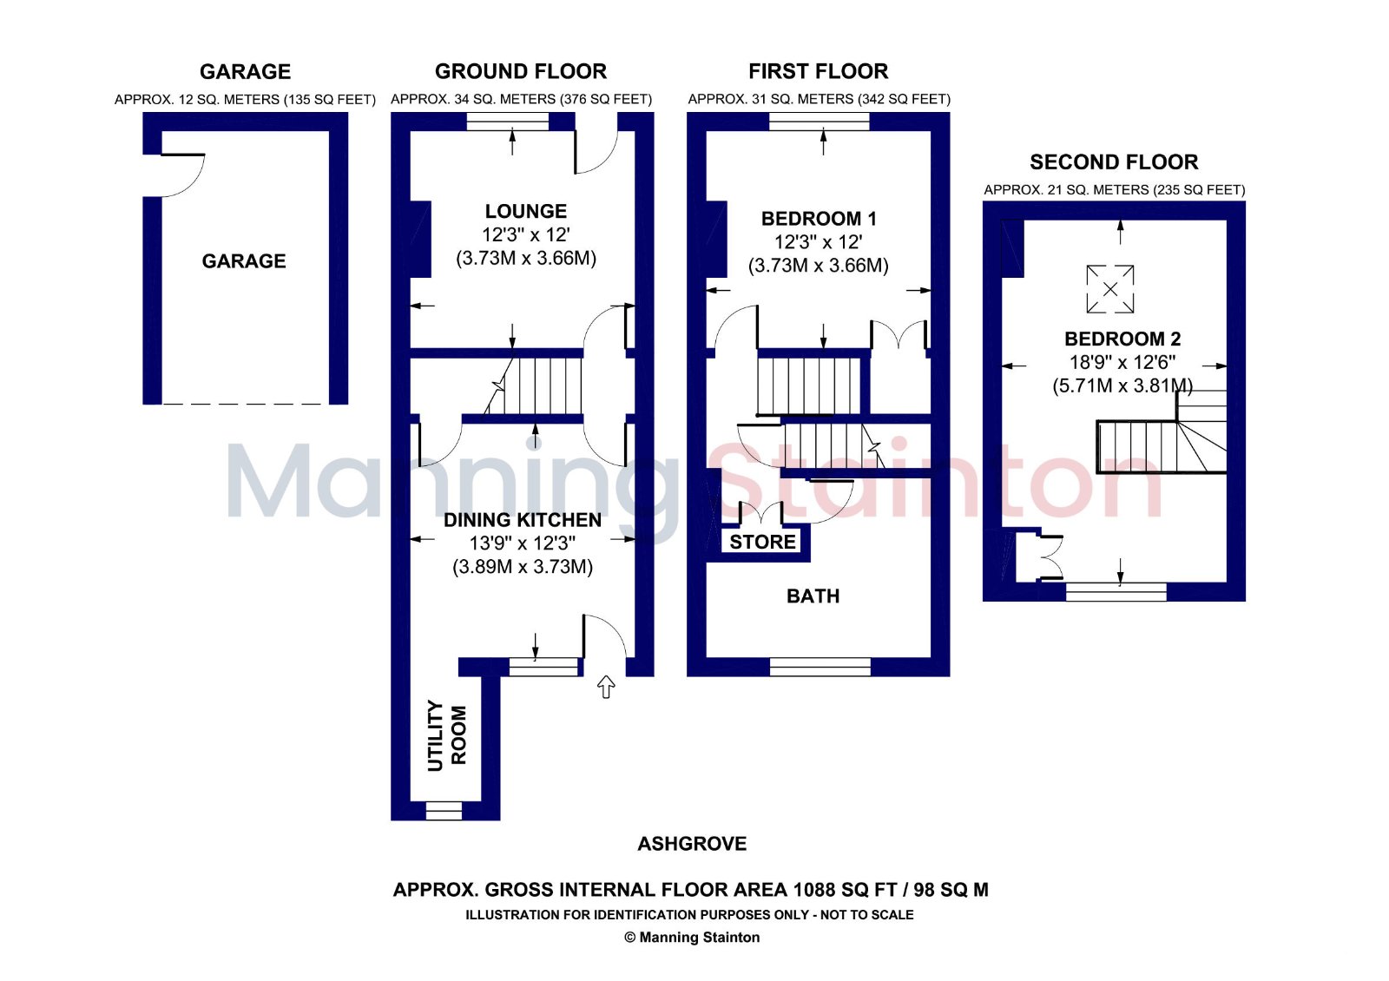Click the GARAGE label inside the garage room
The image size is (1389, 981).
(244, 261)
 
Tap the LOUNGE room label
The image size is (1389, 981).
(526, 212)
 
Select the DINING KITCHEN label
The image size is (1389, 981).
(522, 520)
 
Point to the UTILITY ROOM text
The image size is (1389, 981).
(446, 735)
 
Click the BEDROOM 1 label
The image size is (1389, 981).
(819, 219)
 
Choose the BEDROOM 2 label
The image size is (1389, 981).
(1122, 339)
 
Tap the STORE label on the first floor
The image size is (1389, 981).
(762, 542)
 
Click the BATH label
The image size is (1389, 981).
(813, 596)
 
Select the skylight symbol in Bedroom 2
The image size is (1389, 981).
(1110, 289)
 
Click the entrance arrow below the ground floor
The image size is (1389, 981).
(606, 687)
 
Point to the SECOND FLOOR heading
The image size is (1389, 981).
(1114, 162)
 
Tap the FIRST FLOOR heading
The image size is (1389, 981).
(819, 72)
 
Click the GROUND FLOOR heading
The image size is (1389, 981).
(521, 72)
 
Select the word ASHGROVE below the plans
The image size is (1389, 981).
(692, 844)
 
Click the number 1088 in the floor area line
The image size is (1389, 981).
(814, 890)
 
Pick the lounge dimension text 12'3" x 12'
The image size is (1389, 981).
(526, 235)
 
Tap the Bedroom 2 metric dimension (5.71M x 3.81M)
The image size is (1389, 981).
(1122, 385)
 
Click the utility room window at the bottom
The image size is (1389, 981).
(444, 811)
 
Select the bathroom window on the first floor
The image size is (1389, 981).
(820, 667)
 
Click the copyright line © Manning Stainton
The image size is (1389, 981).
(692, 938)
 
